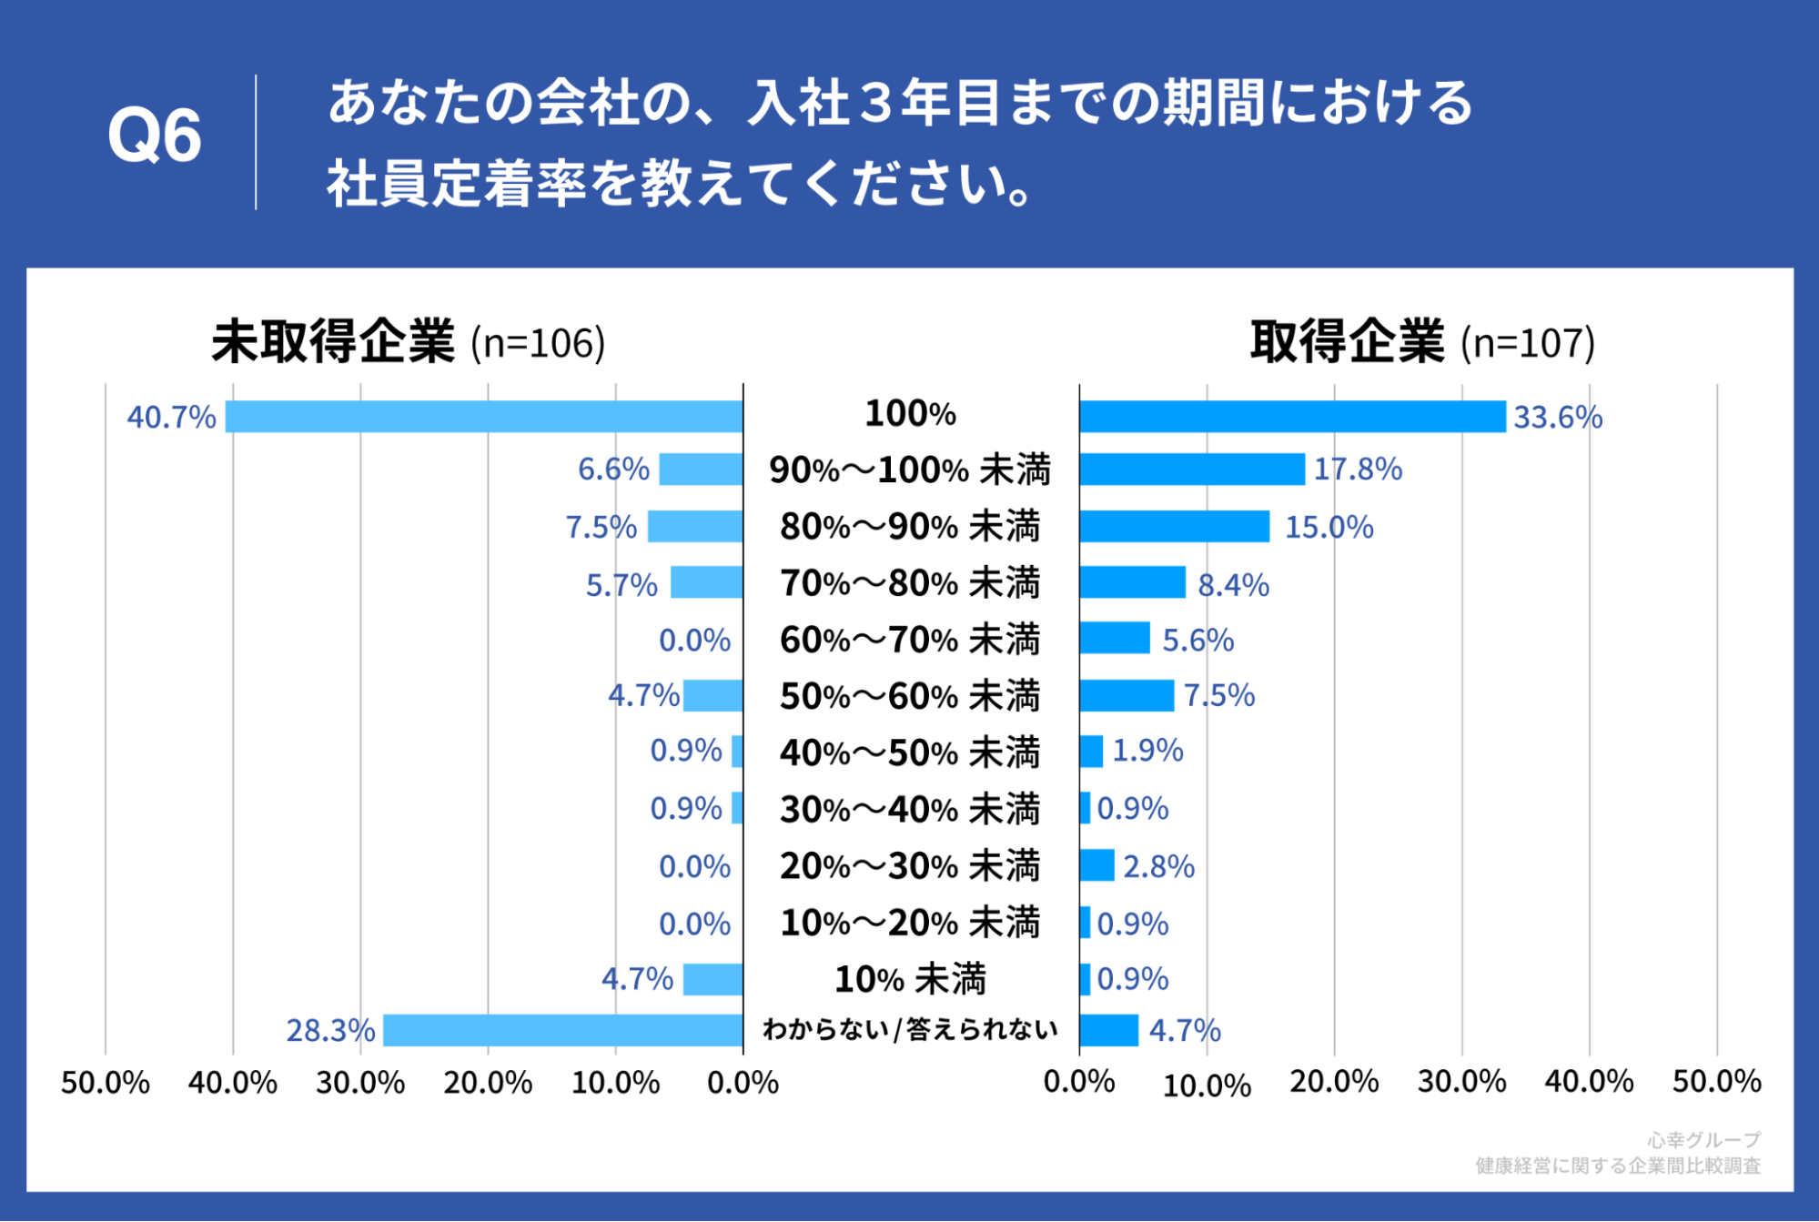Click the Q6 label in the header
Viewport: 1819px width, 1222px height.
click(154, 136)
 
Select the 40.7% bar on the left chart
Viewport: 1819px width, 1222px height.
click(484, 417)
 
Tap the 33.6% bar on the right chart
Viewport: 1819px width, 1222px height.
click(1292, 417)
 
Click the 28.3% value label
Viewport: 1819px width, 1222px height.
click(330, 1030)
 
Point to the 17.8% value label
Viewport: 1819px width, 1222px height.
click(1358, 470)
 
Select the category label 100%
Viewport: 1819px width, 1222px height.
click(910, 414)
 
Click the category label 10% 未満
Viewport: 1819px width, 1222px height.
click(910, 980)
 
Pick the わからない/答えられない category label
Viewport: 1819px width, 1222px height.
click(910, 1029)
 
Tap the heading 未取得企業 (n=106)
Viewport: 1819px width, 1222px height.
click(409, 342)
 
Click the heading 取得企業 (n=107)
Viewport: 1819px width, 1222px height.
click(1422, 342)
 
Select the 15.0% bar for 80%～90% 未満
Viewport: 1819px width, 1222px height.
click(1174, 527)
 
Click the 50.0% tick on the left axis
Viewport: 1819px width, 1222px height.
click(106, 1083)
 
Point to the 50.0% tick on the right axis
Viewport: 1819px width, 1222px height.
click(1716, 1082)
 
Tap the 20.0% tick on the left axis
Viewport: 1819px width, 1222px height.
click(488, 1083)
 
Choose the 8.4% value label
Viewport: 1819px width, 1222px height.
click(1233, 585)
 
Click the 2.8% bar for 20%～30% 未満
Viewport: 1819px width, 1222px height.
click(1096, 865)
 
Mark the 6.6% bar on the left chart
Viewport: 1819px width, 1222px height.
click(701, 470)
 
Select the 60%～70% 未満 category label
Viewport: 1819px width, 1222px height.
click(910, 640)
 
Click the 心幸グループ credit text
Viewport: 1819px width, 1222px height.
click(1703, 1139)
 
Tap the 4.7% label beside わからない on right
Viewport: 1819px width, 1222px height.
click(1184, 1030)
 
